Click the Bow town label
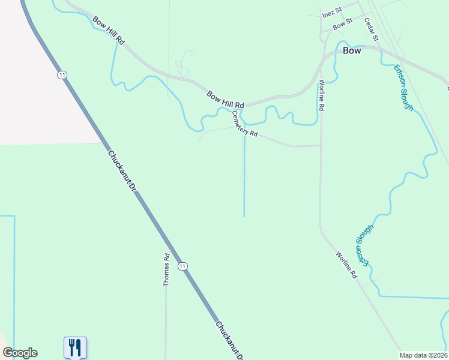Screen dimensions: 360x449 352,51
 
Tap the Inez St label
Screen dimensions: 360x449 331,13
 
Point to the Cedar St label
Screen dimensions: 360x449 372,29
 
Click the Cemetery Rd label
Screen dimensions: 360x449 245,125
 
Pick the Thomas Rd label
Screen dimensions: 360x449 167,269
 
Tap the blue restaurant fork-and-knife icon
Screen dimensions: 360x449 75,347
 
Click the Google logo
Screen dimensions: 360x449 20,353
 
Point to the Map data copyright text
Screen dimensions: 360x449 424,355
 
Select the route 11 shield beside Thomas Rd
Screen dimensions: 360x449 183,266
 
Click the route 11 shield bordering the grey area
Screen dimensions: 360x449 62,75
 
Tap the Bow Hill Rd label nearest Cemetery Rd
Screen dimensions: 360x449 225,100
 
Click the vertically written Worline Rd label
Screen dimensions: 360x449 322,95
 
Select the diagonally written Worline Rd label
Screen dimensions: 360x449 346,265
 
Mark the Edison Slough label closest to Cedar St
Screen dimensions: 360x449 403,88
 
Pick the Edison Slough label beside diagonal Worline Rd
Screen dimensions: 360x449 364,245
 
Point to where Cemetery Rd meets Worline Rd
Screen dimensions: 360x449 321,145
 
